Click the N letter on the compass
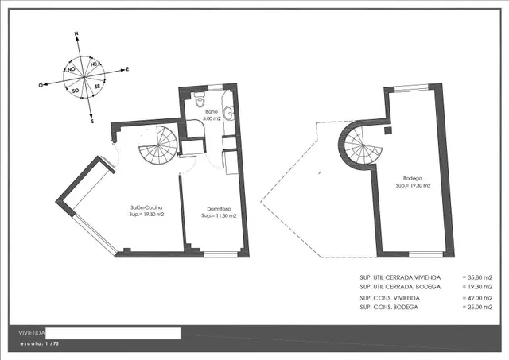76,33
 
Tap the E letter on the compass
127,69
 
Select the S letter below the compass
92,122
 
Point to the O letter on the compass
41,85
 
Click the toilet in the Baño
200,99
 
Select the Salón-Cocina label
146,207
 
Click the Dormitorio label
220,209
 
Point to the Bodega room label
413,178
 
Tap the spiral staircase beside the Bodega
360,145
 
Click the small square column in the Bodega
388,130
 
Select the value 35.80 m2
480,277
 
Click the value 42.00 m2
480,298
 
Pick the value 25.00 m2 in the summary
480,307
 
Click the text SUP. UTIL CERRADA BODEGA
400,287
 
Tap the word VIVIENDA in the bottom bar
32,333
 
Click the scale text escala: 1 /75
39,343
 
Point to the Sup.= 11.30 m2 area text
219,215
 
